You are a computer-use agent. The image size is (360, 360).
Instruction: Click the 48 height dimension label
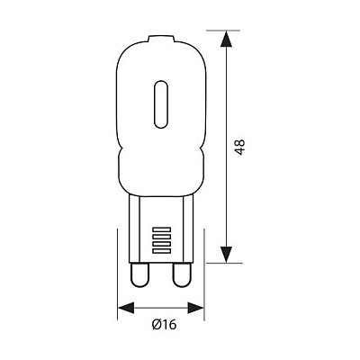(x=240, y=147)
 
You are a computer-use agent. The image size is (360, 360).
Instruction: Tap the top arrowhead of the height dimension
(x=226, y=39)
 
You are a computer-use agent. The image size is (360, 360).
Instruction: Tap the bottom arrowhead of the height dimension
(x=226, y=255)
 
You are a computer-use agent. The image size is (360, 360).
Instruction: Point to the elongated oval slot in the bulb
(x=161, y=104)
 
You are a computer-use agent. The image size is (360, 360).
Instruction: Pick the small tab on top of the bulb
(x=162, y=38)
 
